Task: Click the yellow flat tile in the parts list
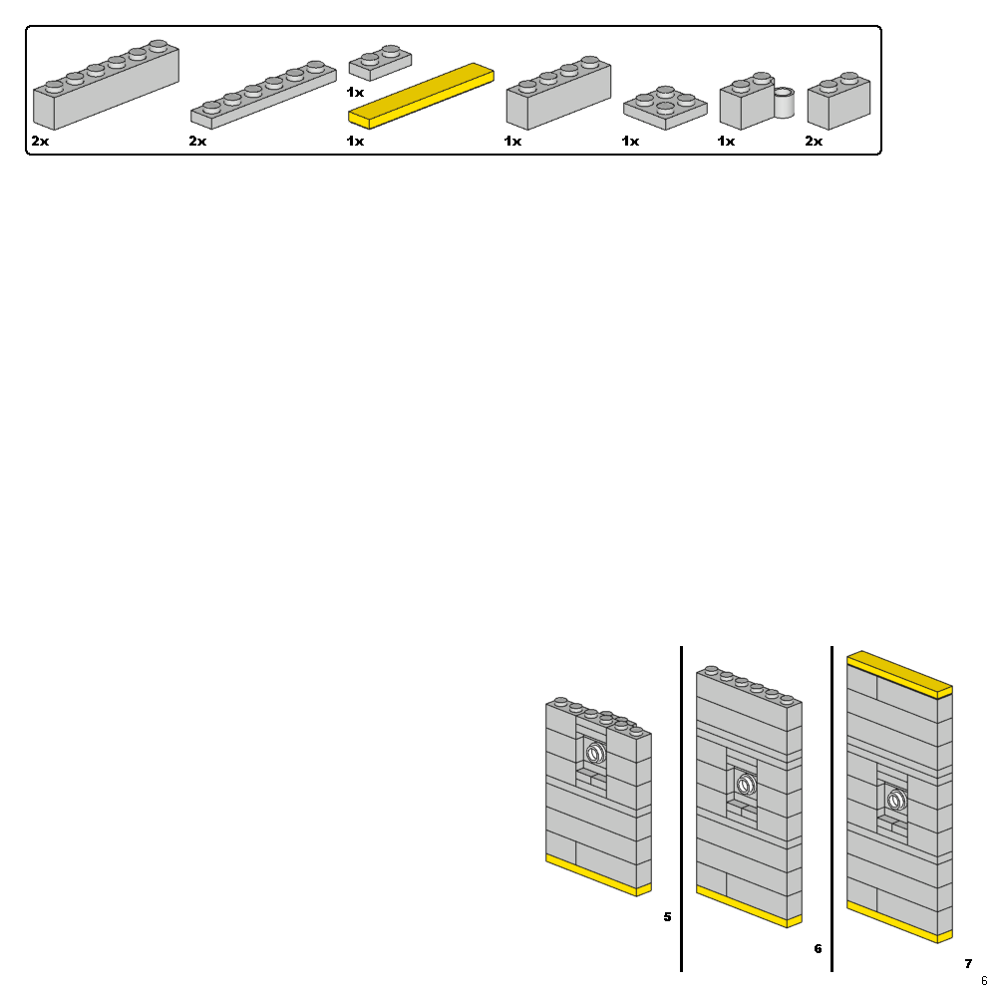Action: [421, 96]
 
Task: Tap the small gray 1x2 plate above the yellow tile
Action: [379, 63]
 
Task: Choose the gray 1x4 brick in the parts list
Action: [558, 95]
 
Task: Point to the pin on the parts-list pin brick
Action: [784, 102]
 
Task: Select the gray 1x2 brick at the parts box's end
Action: [838, 101]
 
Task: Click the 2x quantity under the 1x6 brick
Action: [40, 142]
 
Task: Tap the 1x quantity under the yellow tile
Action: [355, 142]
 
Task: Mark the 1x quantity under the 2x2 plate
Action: [630, 142]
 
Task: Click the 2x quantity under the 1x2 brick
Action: [815, 142]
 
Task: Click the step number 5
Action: [667, 916]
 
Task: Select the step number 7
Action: [968, 964]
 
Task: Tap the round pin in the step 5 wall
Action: [597, 752]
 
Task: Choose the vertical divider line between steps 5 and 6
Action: [682, 808]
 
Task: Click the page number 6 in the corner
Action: [984, 981]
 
